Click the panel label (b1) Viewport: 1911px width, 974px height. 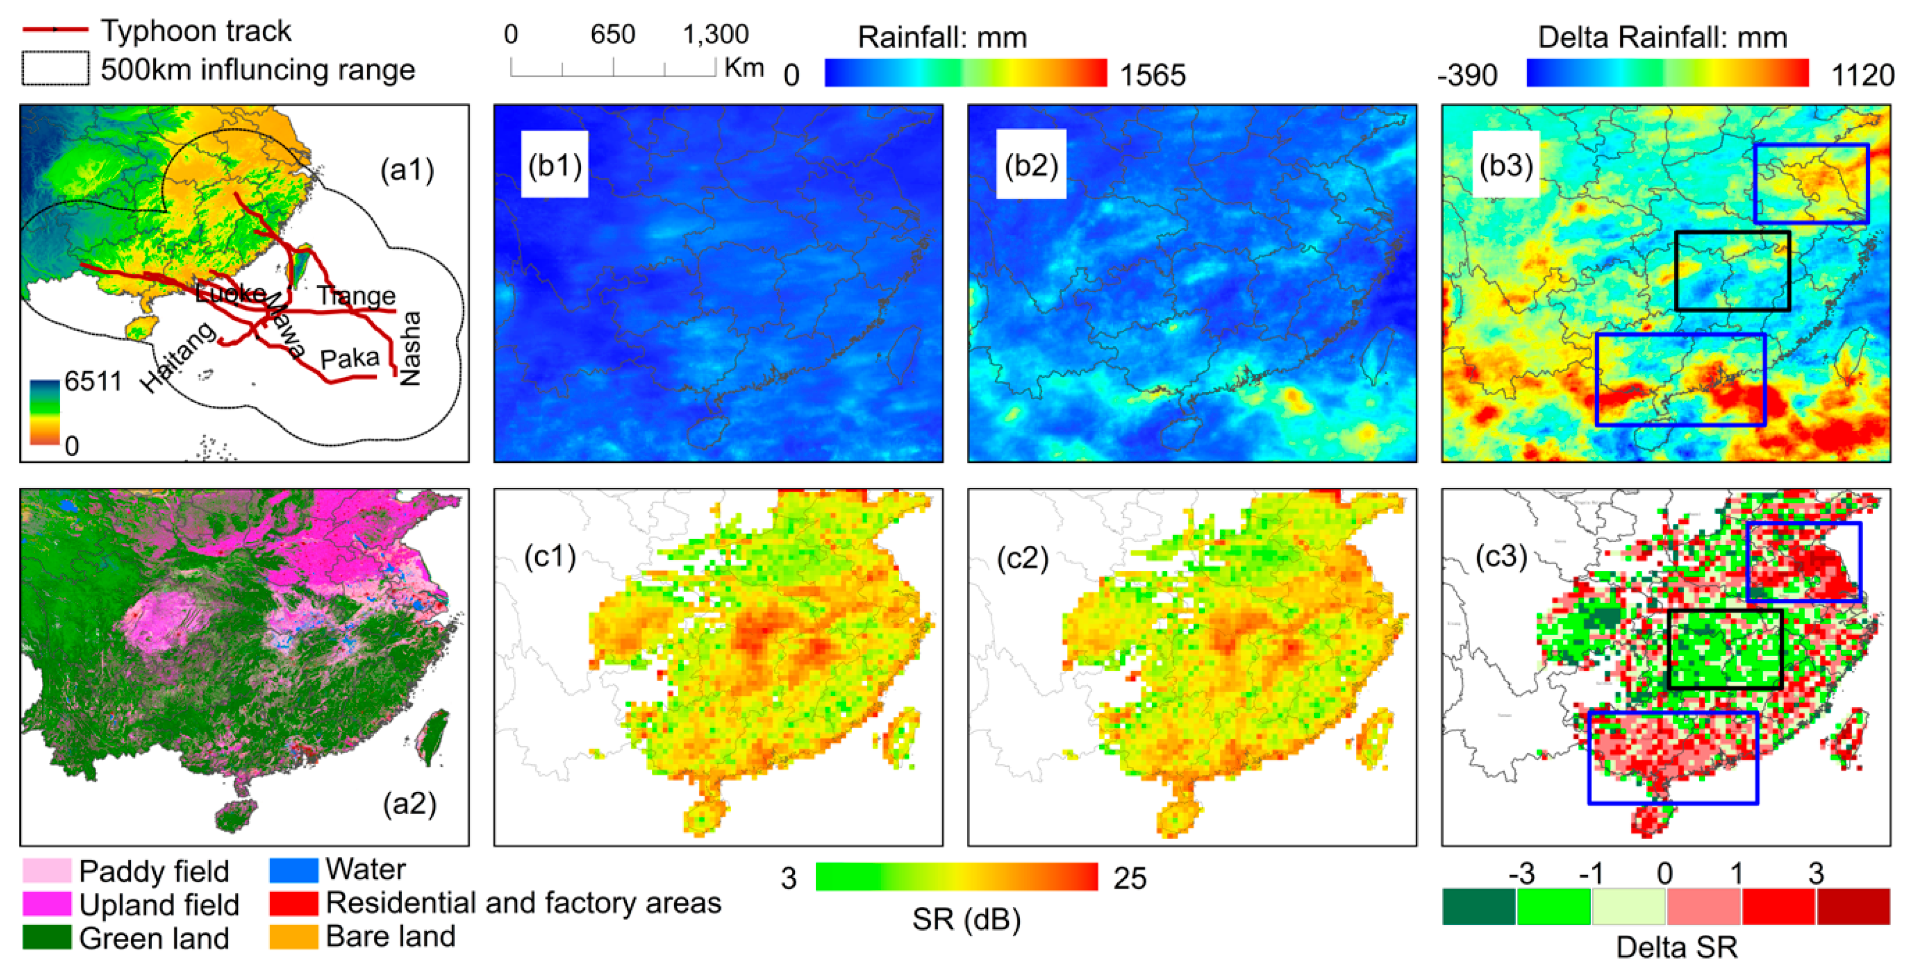(x=554, y=164)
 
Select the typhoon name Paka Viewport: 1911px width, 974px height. (x=349, y=359)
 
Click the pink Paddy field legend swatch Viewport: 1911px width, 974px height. (x=47, y=871)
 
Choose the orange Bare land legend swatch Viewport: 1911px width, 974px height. (x=294, y=936)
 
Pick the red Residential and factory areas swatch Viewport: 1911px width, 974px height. (x=294, y=903)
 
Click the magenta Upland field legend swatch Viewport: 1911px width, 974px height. (x=47, y=904)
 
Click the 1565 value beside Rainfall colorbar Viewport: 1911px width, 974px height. (x=1152, y=75)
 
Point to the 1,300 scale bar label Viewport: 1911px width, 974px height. (x=715, y=34)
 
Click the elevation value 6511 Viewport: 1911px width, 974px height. (x=93, y=381)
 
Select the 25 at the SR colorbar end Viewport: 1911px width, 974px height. (x=1130, y=878)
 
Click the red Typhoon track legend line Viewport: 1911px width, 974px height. (x=56, y=30)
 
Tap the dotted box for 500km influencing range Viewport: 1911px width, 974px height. (x=56, y=68)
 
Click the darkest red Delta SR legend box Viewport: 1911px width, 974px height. (x=1853, y=906)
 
